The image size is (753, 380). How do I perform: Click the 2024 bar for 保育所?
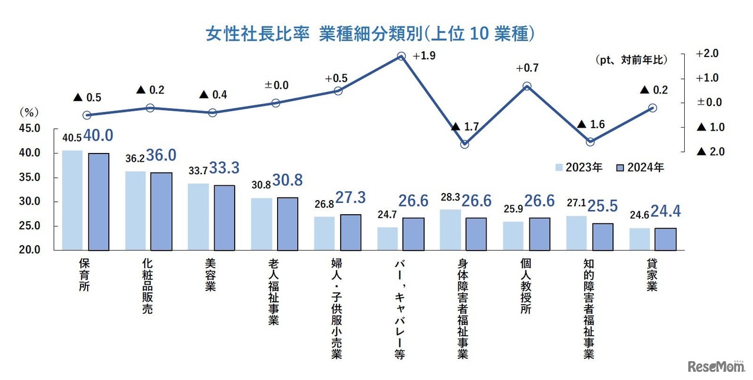(98, 201)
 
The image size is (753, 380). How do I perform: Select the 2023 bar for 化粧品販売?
(135, 211)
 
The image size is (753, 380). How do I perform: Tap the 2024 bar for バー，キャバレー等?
(413, 234)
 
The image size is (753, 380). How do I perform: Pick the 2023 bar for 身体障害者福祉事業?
(451, 229)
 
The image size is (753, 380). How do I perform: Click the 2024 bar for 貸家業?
(665, 239)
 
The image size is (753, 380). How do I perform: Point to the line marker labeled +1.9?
(401, 56)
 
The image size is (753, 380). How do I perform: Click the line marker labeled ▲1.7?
(464, 144)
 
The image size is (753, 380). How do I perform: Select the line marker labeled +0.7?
(527, 86)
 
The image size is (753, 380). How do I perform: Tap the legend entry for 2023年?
(579, 167)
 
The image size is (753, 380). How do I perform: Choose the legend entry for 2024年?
(641, 167)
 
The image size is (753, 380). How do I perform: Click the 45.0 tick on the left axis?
(29, 128)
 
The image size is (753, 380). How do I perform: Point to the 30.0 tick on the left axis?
(29, 202)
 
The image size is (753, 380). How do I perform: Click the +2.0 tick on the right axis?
(707, 54)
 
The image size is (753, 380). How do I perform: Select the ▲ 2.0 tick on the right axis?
(709, 152)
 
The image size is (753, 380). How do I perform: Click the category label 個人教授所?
(526, 286)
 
